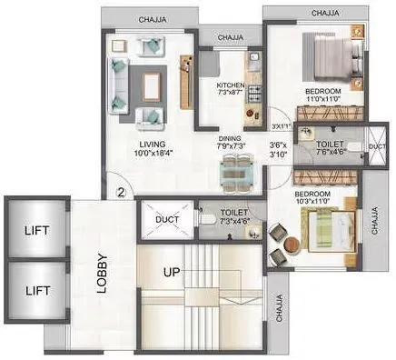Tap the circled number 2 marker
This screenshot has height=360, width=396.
tap(121, 192)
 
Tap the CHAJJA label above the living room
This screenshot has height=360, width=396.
tap(158, 17)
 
